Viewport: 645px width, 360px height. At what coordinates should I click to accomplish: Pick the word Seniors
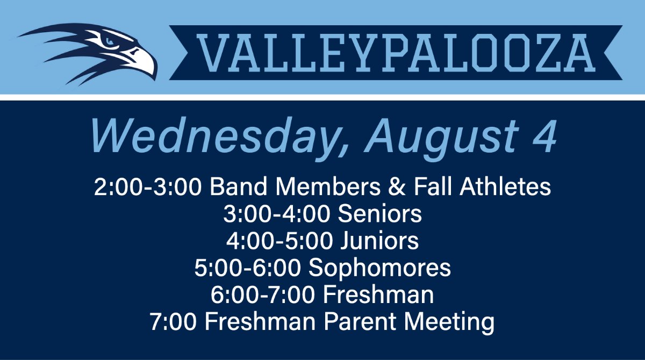coord(379,214)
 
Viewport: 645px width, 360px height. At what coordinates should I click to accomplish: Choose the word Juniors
coord(379,241)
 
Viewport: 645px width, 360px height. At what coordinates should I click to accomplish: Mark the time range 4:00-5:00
coord(279,241)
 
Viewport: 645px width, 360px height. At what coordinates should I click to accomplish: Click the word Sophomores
coord(380,268)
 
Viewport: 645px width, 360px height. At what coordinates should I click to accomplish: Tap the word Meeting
coord(449,322)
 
